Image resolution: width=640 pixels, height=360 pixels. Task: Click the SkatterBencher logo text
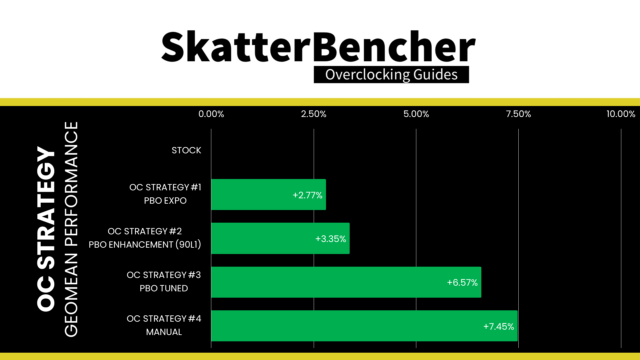coord(318,46)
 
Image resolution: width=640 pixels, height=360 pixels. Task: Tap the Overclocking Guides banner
coord(391,74)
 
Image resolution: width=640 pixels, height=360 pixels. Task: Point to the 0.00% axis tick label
coord(211,114)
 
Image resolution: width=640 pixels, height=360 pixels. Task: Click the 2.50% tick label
coord(314,114)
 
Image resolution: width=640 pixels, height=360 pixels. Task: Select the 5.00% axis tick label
coord(416,114)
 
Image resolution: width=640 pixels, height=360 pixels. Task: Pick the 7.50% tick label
coord(518,114)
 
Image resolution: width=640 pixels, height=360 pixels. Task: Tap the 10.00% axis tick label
coord(621,114)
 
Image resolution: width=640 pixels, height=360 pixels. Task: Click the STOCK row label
coord(186,150)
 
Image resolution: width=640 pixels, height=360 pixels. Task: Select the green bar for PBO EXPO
coord(269,195)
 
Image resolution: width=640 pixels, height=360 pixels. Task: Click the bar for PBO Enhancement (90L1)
coord(280,238)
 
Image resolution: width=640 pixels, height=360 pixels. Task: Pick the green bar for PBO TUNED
coord(346,282)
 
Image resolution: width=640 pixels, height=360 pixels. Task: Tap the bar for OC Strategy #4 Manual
coord(364,326)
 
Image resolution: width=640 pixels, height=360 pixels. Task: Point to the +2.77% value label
coord(307,195)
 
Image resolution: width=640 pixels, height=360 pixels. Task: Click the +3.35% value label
coord(331,239)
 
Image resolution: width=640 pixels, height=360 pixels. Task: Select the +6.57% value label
coord(462,283)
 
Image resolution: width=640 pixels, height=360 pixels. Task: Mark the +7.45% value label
coord(499,326)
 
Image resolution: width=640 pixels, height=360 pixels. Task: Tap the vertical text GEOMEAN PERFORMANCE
coord(71,229)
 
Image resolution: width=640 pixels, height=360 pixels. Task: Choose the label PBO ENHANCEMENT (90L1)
coord(145,245)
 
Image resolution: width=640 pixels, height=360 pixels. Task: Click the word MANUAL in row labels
coord(164,332)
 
